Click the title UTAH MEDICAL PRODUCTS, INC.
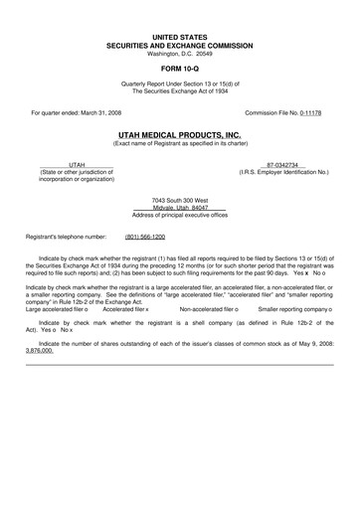[180, 132]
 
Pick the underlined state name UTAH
[77, 164]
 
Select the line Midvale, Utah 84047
[180, 208]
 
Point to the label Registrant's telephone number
[66, 238]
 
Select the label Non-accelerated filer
[207, 309]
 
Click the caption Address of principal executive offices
[180, 215]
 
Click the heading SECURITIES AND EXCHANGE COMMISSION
[180, 45]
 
